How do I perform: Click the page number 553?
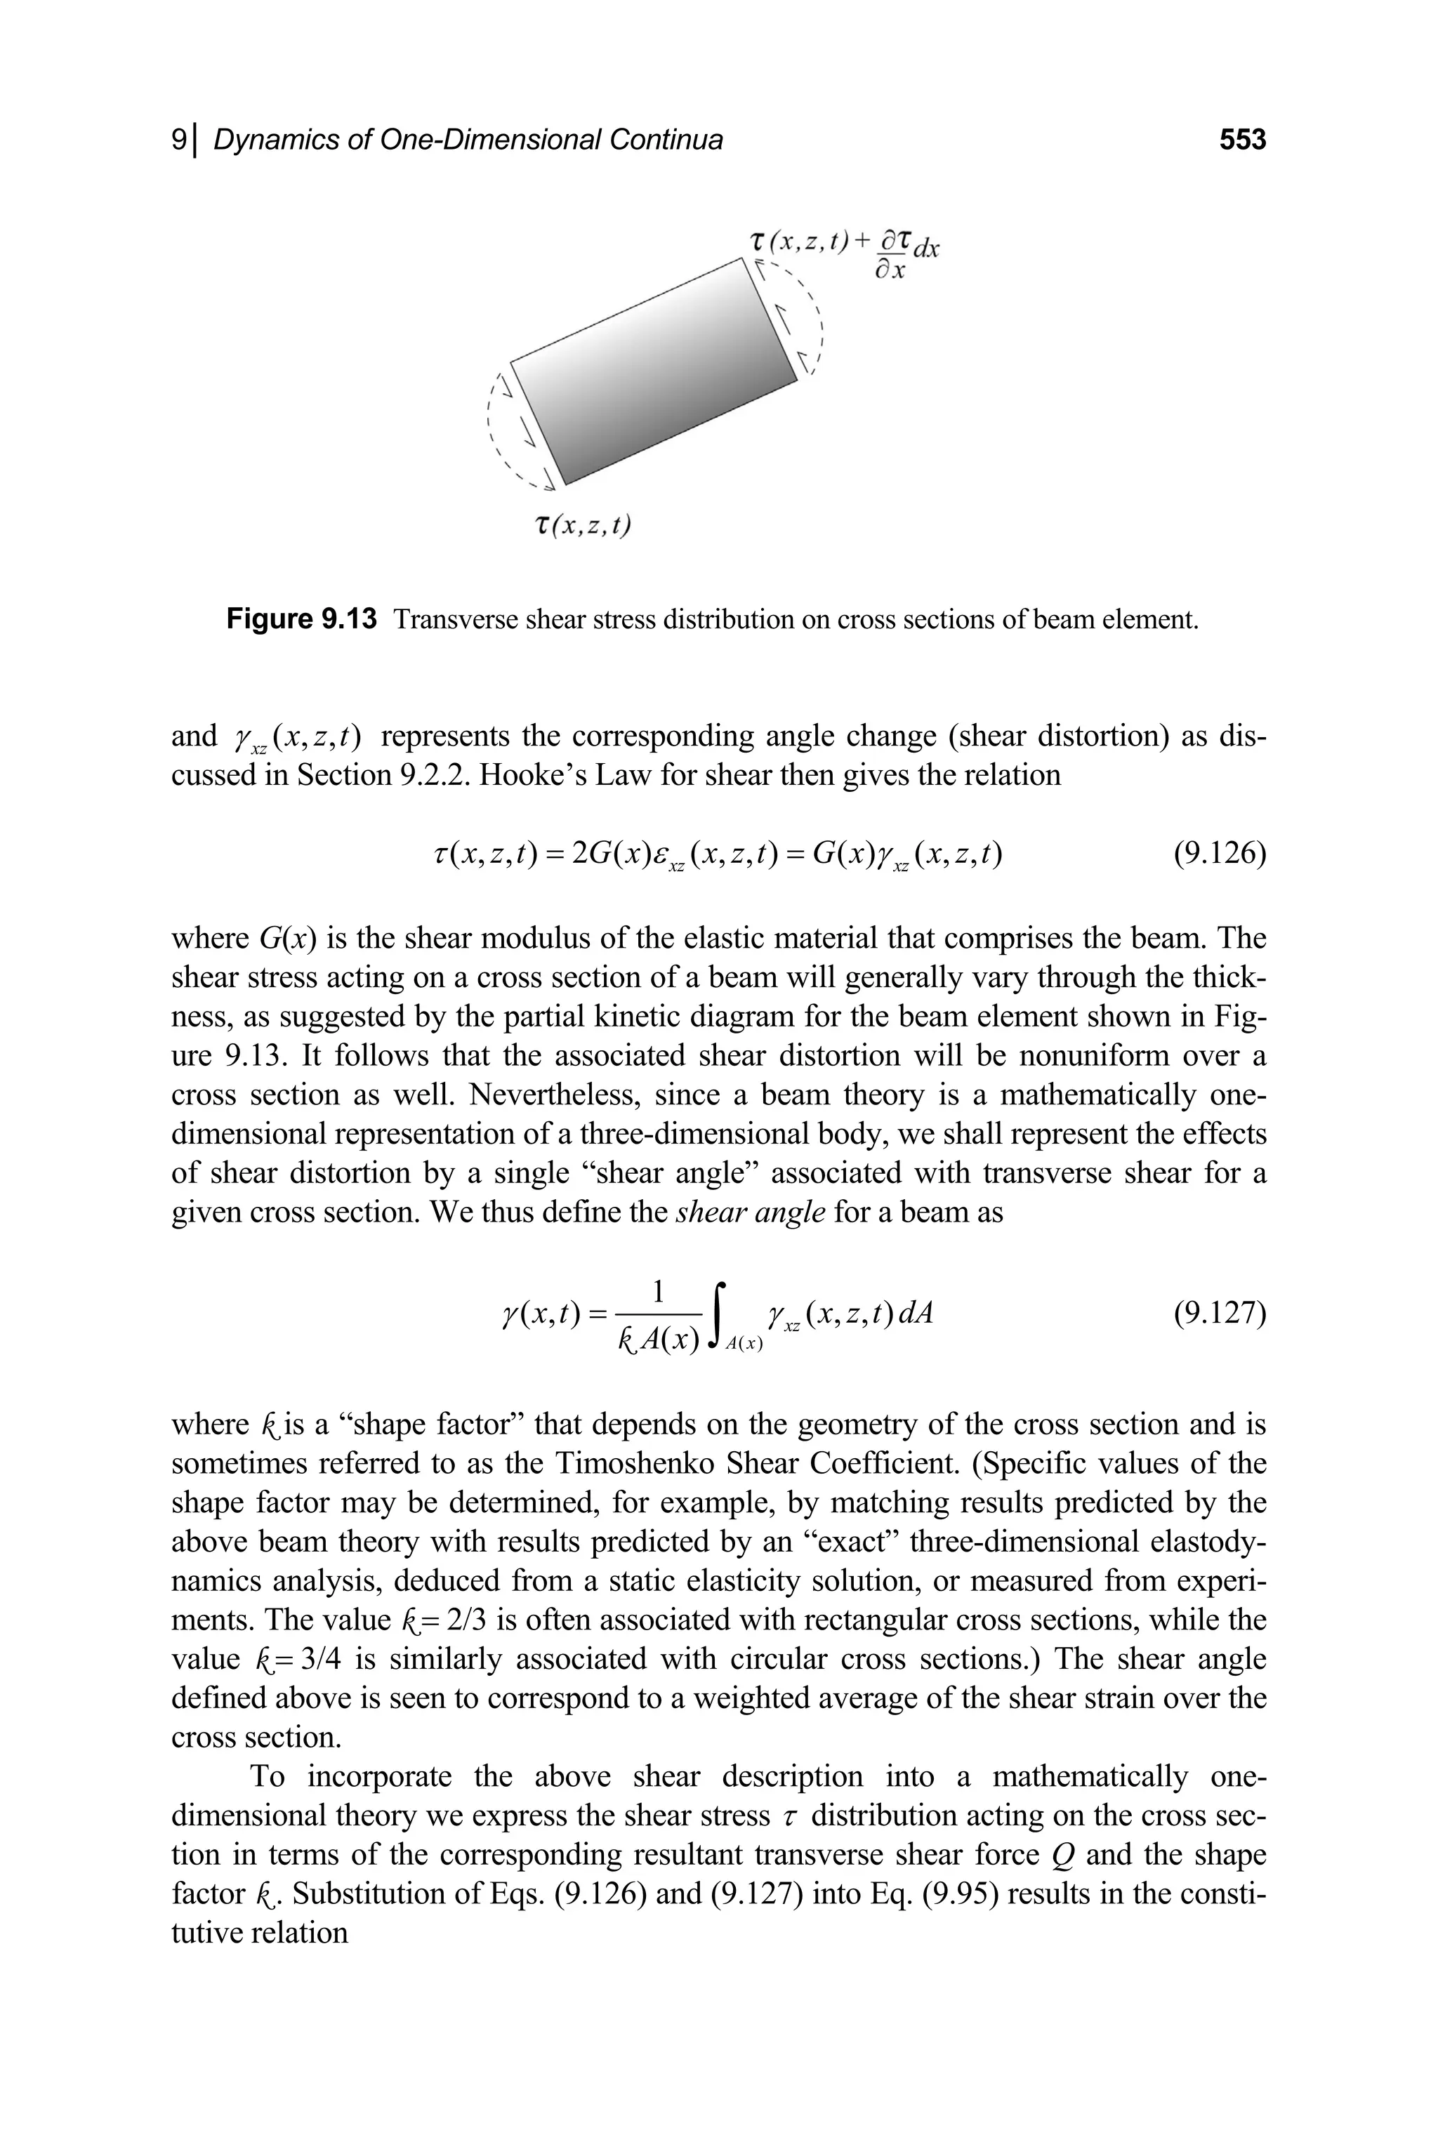[x=1241, y=140]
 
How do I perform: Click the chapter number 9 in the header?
[x=180, y=140]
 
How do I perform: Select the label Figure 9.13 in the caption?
[x=302, y=620]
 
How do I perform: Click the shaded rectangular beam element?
[x=653, y=371]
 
